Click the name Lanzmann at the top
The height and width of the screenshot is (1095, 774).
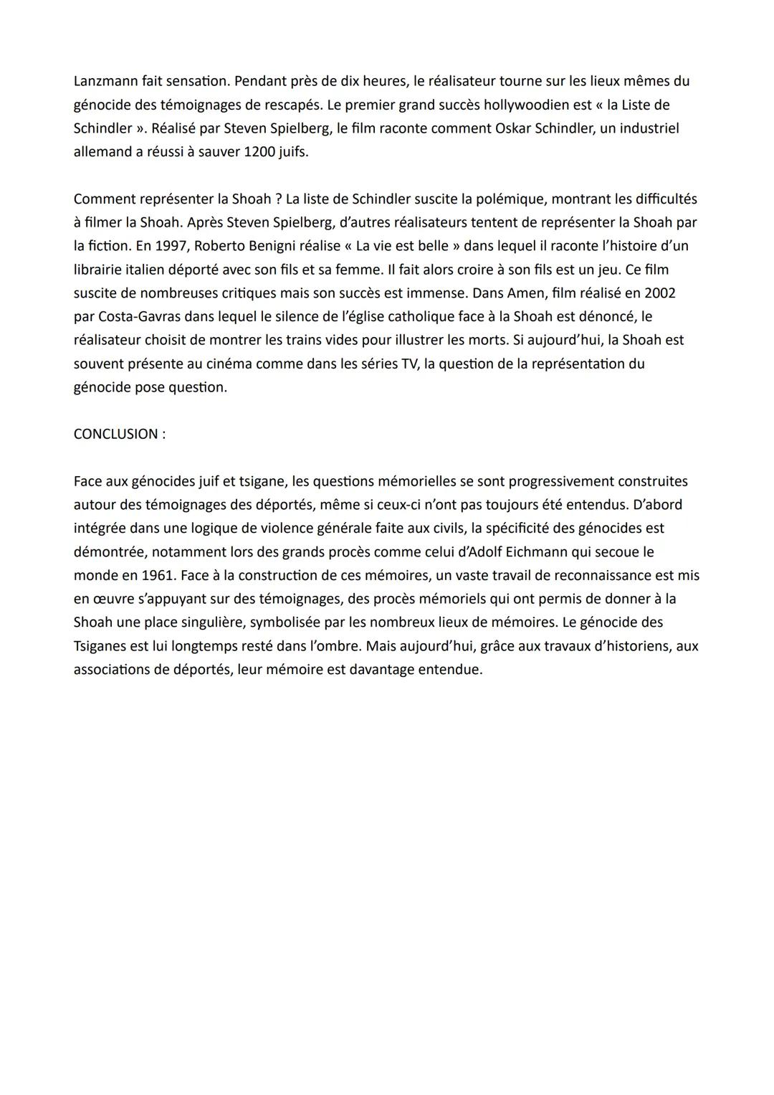pyautogui.click(x=105, y=81)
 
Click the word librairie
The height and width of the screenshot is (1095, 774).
pyautogui.click(x=101, y=270)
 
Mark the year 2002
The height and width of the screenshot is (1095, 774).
pyautogui.click(x=660, y=293)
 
